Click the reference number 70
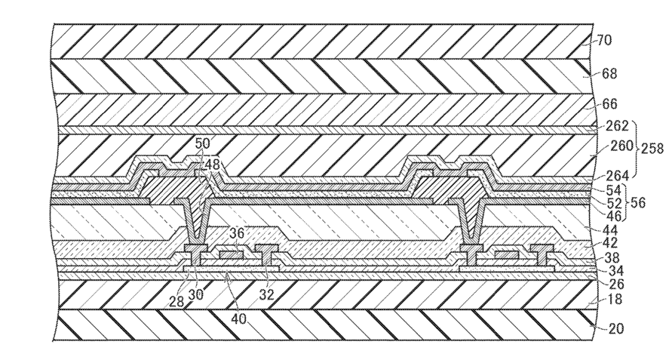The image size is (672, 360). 604,41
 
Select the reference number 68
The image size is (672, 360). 609,73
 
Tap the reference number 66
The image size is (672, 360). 609,104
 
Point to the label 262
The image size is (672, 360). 617,126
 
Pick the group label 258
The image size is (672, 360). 652,149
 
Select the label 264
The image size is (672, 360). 617,175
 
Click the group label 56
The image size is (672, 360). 638,202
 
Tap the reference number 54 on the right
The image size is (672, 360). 613,189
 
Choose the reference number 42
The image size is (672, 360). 610,243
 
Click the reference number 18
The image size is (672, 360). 615,299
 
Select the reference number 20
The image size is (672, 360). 616,328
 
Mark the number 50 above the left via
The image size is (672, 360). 203,143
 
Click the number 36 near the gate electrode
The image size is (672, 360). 237,234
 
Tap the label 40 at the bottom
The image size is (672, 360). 239,319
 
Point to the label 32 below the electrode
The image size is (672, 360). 267,294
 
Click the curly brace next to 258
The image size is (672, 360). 635,149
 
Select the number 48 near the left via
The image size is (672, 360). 212,164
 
